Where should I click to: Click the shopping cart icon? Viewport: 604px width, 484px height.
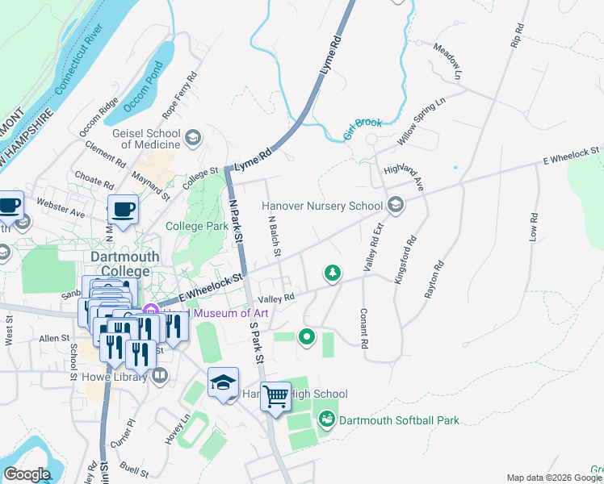coord(275,396)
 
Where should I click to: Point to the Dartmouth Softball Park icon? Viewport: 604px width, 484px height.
coord(327,419)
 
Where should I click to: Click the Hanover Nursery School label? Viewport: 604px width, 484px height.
coord(322,206)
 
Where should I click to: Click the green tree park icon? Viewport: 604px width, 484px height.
coord(331,273)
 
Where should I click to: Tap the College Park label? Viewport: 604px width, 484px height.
coord(197,227)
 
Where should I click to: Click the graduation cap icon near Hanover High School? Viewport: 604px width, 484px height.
coord(224,382)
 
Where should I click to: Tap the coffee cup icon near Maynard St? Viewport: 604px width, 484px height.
coord(123,211)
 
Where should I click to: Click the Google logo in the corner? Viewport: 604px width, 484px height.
coord(27,474)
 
